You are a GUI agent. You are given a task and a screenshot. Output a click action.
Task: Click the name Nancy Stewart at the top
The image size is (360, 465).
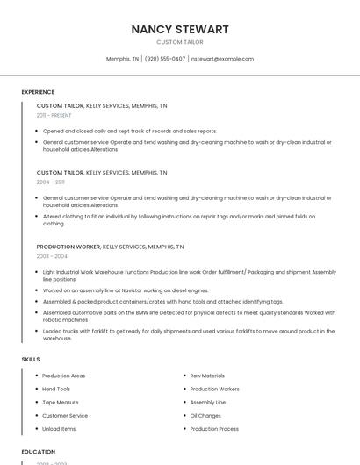(x=180, y=29)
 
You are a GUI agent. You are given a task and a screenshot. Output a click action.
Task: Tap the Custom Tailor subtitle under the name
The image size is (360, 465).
(x=180, y=42)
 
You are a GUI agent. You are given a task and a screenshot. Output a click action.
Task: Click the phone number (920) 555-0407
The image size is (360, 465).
(x=165, y=59)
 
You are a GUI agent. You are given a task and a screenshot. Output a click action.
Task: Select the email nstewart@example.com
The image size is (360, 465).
(x=222, y=59)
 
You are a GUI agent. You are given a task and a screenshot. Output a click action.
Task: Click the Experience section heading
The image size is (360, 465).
(x=38, y=92)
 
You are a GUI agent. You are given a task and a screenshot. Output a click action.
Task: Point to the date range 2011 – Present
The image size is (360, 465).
(x=54, y=115)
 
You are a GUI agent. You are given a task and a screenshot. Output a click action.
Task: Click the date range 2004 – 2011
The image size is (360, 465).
(x=51, y=182)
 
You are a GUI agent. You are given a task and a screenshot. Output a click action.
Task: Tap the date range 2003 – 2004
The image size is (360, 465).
(x=52, y=256)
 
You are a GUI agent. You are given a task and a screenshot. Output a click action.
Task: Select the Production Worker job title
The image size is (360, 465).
(x=68, y=247)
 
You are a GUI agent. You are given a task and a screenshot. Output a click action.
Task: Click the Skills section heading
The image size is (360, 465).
(x=31, y=359)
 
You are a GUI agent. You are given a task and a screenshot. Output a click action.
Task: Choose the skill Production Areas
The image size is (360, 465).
(x=63, y=376)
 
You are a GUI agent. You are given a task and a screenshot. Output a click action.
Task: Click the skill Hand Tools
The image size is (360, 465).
(x=56, y=389)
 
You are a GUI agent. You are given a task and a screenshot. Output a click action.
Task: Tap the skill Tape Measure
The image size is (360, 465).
(x=61, y=402)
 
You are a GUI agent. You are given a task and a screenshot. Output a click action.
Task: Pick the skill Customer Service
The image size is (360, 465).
(x=65, y=415)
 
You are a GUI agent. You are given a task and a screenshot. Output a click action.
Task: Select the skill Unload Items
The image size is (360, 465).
(x=59, y=429)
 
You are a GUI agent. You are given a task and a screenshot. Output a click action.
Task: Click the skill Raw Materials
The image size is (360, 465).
(x=207, y=376)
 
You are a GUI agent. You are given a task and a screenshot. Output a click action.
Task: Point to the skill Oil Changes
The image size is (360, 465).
(x=205, y=415)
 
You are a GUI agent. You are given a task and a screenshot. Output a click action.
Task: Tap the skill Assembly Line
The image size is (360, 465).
(x=208, y=402)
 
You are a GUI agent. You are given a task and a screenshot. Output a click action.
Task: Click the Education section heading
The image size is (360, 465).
(x=39, y=452)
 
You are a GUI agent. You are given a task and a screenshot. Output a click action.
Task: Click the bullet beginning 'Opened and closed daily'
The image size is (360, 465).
(x=130, y=131)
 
